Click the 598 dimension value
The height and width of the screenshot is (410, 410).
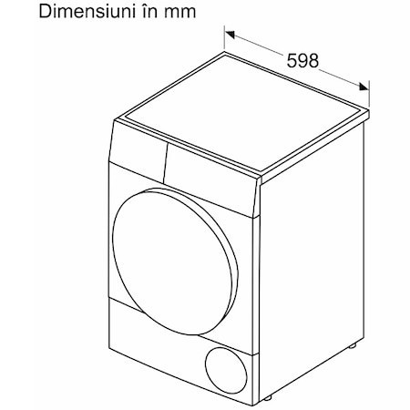[302, 60]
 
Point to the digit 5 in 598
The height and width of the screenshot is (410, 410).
[292, 60]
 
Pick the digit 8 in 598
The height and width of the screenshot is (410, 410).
[313, 60]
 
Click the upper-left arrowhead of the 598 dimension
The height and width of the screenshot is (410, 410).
[230, 35]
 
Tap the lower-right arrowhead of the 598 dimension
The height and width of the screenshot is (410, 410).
[364, 87]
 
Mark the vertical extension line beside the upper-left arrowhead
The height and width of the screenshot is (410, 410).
[224, 37]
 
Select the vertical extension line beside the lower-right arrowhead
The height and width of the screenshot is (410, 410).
[369, 94]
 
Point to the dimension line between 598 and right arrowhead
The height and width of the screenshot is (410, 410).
[339, 77]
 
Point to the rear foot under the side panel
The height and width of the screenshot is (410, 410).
[353, 345]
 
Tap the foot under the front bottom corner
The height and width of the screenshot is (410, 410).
[267, 397]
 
